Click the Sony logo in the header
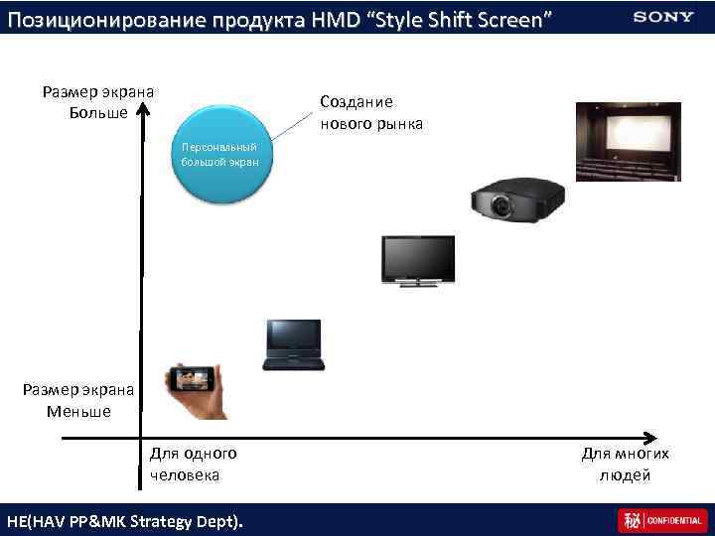pyautogui.click(x=662, y=16)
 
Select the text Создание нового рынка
pyautogui.click(x=370, y=113)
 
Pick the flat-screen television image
pyautogui.click(x=419, y=261)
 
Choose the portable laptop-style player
pyautogui.click(x=293, y=344)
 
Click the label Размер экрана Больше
pyautogui.click(x=97, y=101)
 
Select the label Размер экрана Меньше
pyautogui.click(x=78, y=400)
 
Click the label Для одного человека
pyautogui.click(x=193, y=464)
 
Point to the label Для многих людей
pyautogui.click(x=625, y=464)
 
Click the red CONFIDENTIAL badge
pyautogui.click(x=660, y=520)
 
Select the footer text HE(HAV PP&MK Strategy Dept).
pyautogui.click(x=124, y=520)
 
